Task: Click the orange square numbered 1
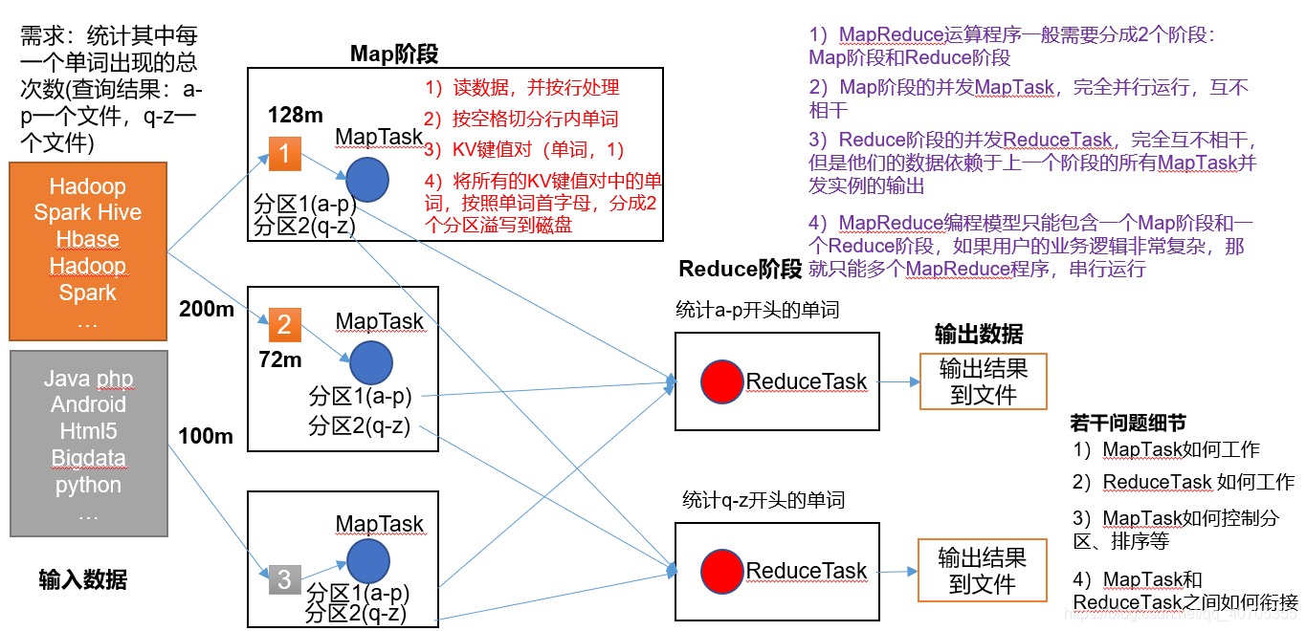pos(285,154)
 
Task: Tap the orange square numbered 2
pos(284,324)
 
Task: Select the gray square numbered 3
pos(284,578)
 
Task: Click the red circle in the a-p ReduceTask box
pos(721,381)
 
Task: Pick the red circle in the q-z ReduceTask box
pos(721,570)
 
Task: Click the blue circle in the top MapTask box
pos(366,179)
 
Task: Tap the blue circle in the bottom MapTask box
pos(368,561)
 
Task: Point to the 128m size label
pos(296,115)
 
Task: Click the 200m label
pos(207,308)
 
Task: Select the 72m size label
pos(280,359)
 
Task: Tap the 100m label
pos(206,436)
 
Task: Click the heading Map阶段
pos(393,54)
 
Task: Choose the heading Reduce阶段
pos(740,269)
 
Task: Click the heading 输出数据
pos(979,334)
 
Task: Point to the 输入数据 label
pos(83,579)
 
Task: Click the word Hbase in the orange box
pos(87,239)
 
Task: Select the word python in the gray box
pos(88,485)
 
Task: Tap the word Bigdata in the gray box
pos(88,458)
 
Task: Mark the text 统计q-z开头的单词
pos(764,500)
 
